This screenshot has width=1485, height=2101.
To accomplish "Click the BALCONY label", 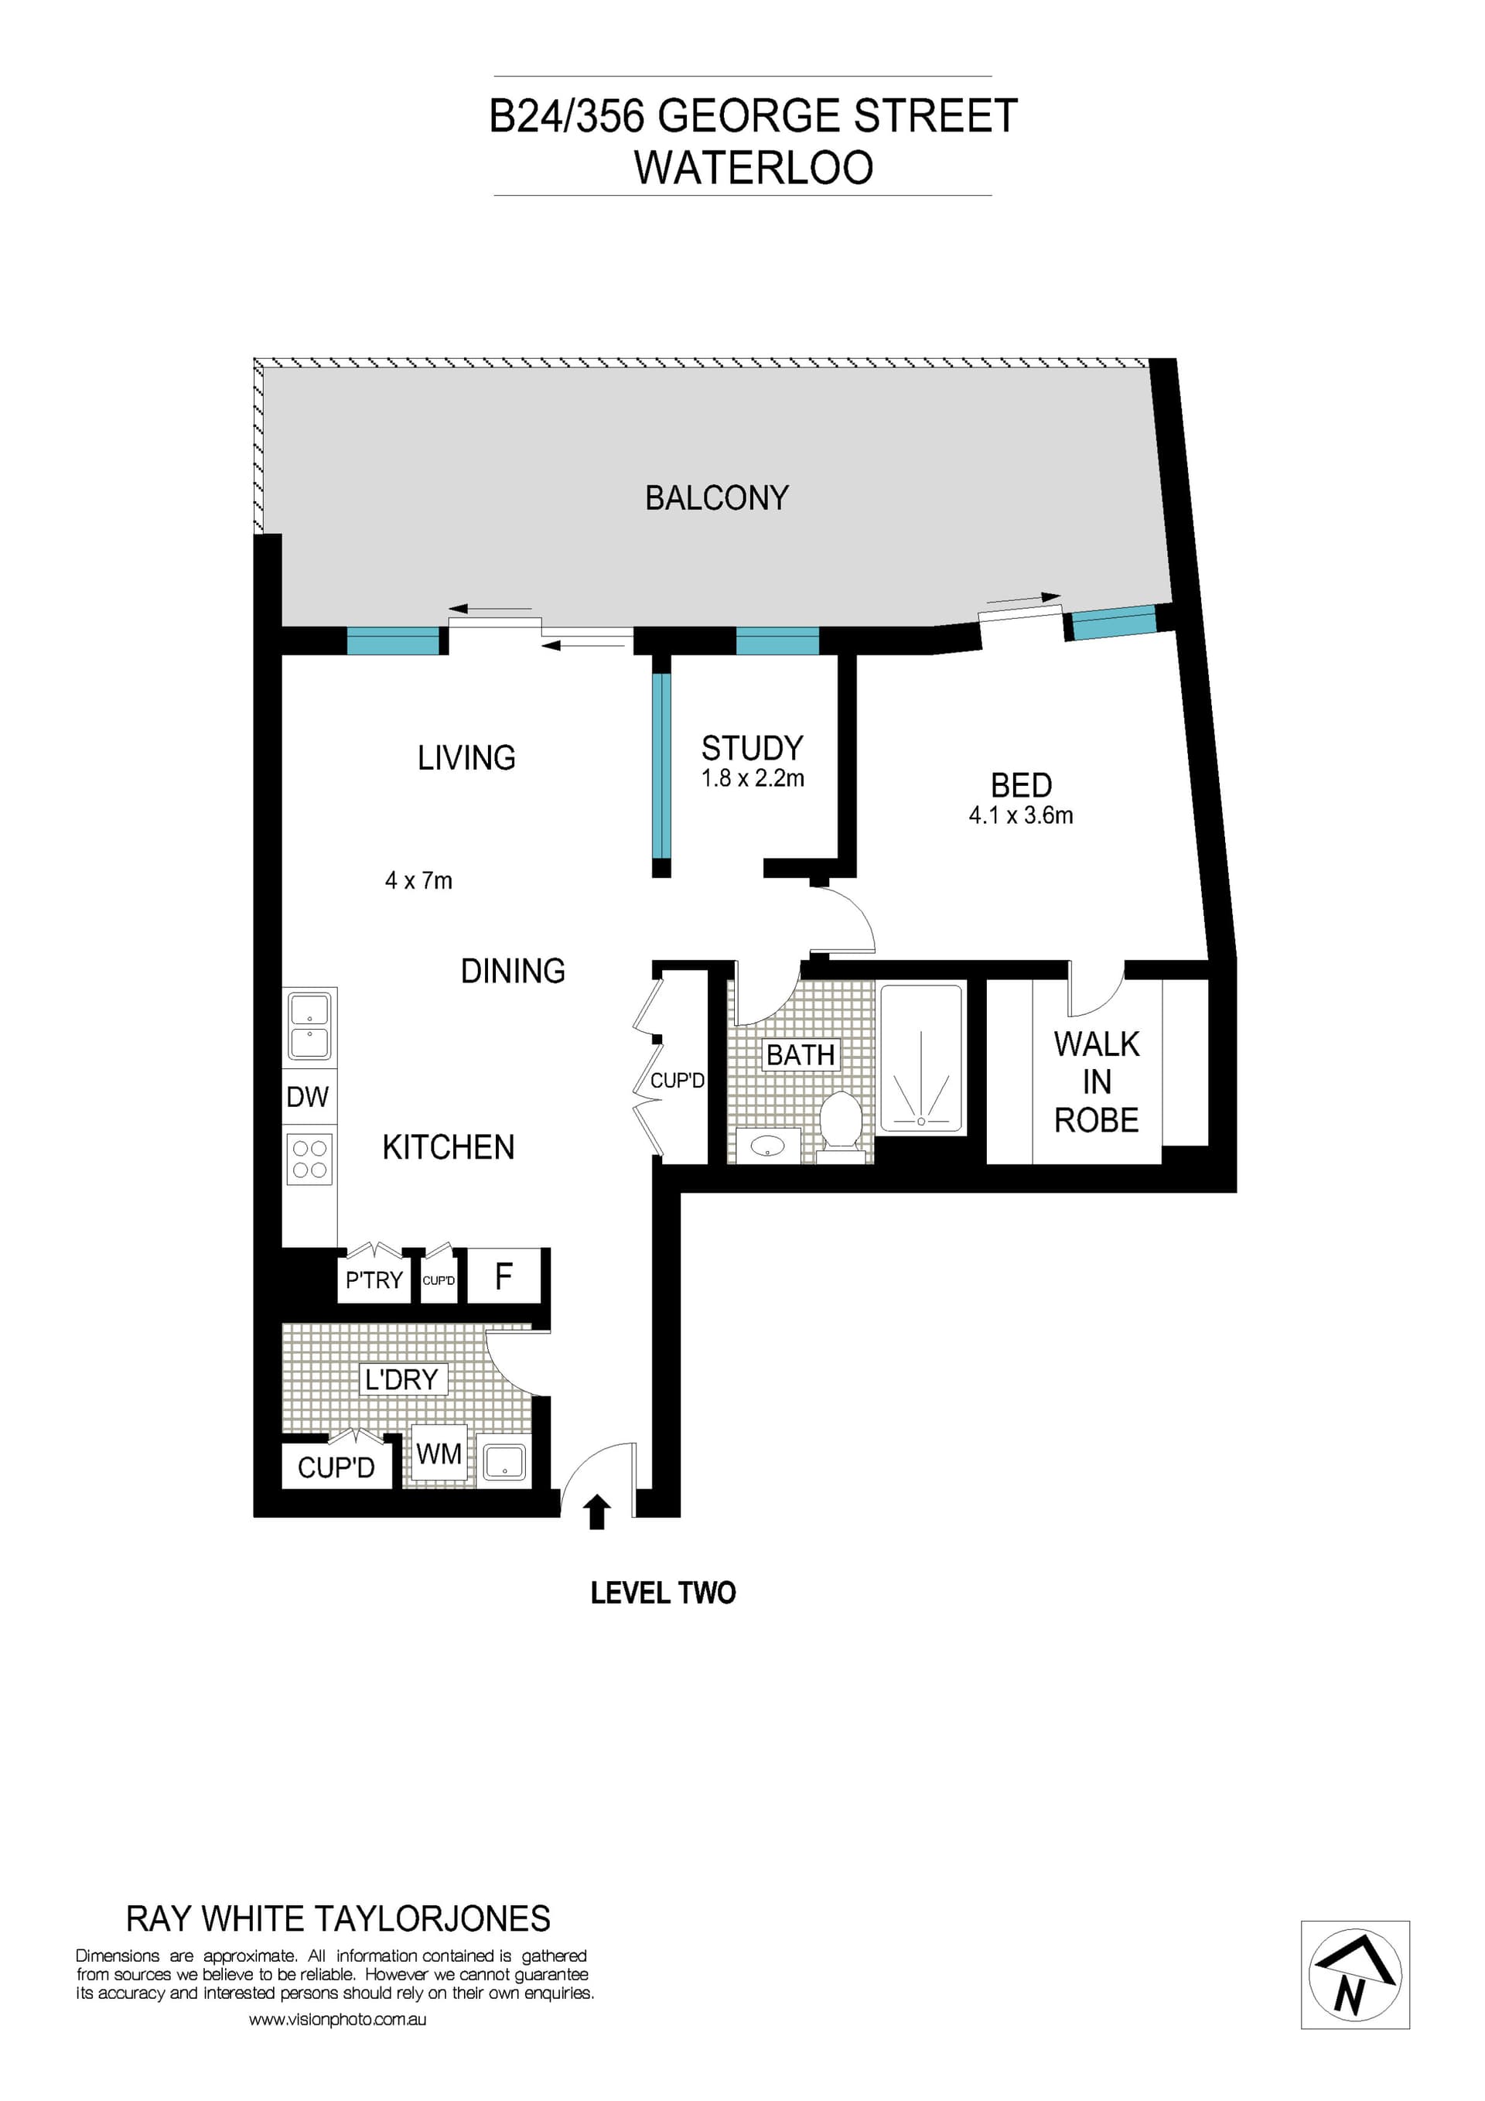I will click(x=716, y=499).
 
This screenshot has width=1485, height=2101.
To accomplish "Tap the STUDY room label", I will click(x=752, y=749).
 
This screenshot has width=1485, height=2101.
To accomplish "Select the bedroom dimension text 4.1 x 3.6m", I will click(x=1020, y=815).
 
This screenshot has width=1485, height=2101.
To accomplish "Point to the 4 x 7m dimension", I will click(x=418, y=880).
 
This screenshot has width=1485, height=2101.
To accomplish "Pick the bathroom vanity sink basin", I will click(x=768, y=1145).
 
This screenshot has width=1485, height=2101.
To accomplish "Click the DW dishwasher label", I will click(x=307, y=1097).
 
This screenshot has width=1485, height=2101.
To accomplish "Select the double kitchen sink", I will click(x=310, y=1026).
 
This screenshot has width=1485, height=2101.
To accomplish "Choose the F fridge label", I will click(x=504, y=1276).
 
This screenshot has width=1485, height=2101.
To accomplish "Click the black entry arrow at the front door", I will click(x=596, y=1512).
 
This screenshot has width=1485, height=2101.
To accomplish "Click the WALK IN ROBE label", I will click(x=1096, y=1081).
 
